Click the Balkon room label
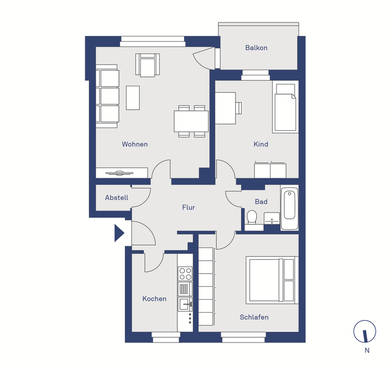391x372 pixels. click(256, 48)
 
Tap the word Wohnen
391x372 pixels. click(134, 144)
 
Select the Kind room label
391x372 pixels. click(261, 144)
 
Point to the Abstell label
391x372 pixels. click(116, 198)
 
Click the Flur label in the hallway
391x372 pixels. click(188, 207)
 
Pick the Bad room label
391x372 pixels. click(261, 202)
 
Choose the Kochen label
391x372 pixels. click(154, 299)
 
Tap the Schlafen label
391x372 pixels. click(254, 317)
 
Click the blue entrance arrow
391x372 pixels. click(119, 233)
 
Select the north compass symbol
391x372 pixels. click(365, 331)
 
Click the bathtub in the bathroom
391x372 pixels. click(290, 207)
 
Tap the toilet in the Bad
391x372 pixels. click(252, 217)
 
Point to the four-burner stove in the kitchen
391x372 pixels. click(185, 274)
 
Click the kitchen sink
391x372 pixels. click(185, 304)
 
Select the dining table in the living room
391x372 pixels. click(191, 122)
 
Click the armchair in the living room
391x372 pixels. click(148, 65)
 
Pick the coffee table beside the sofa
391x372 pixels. click(133, 97)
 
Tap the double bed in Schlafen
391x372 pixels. click(272, 280)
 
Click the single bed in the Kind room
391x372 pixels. click(285, 107)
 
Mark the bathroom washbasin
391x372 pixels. click(272, 218)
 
